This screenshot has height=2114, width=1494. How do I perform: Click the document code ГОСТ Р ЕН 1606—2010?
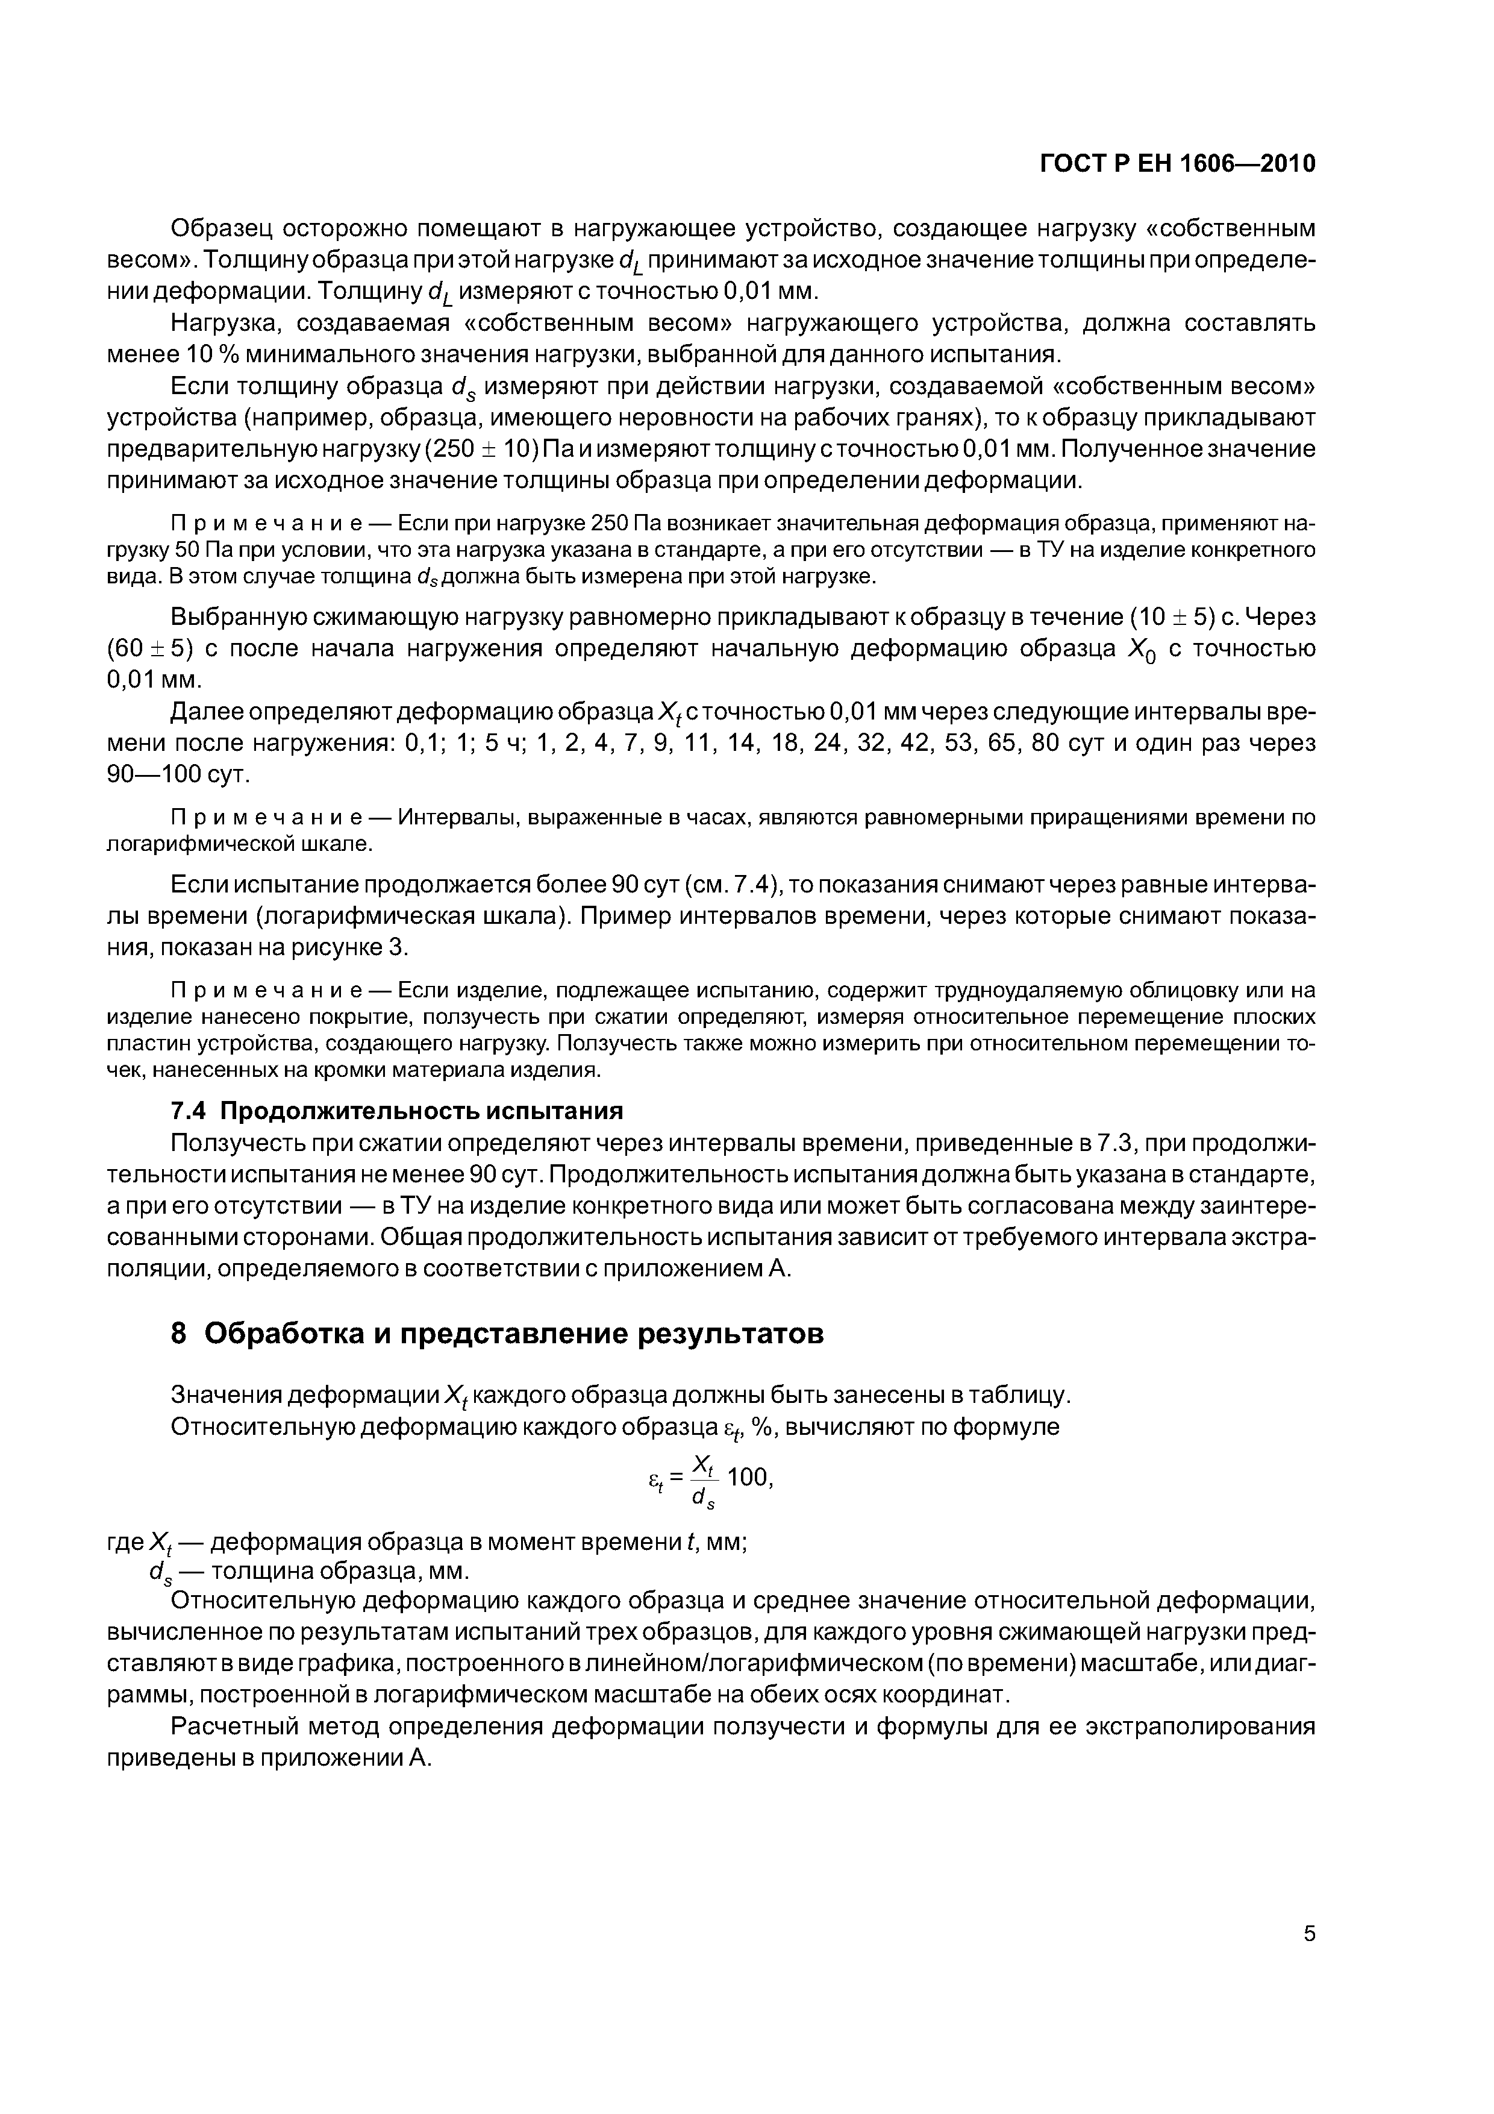(x=1177, y=164)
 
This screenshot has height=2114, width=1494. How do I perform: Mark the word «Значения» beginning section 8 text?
(x=225, y=1396)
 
